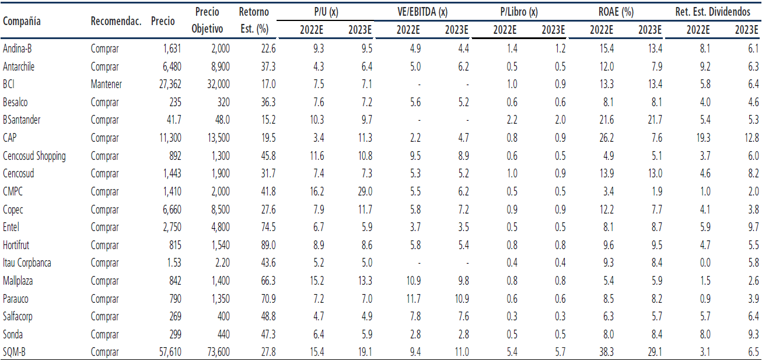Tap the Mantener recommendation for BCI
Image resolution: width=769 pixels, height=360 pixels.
[x=106, y=85]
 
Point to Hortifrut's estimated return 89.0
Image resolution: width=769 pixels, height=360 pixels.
[x=268, y=245]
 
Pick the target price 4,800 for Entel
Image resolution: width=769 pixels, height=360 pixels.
[x=218, y=227]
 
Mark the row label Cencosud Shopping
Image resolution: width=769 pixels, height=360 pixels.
[x=34, y=156]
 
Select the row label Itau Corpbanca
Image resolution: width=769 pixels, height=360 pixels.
[x=27, y=263]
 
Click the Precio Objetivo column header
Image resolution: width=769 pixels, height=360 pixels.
[x=208, y=20]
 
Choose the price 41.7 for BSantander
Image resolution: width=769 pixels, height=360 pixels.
[x=172, y=120]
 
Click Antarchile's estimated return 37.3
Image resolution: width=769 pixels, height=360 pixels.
[x=268, y=67]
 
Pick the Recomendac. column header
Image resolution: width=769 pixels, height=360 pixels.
[x=116, y=22]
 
